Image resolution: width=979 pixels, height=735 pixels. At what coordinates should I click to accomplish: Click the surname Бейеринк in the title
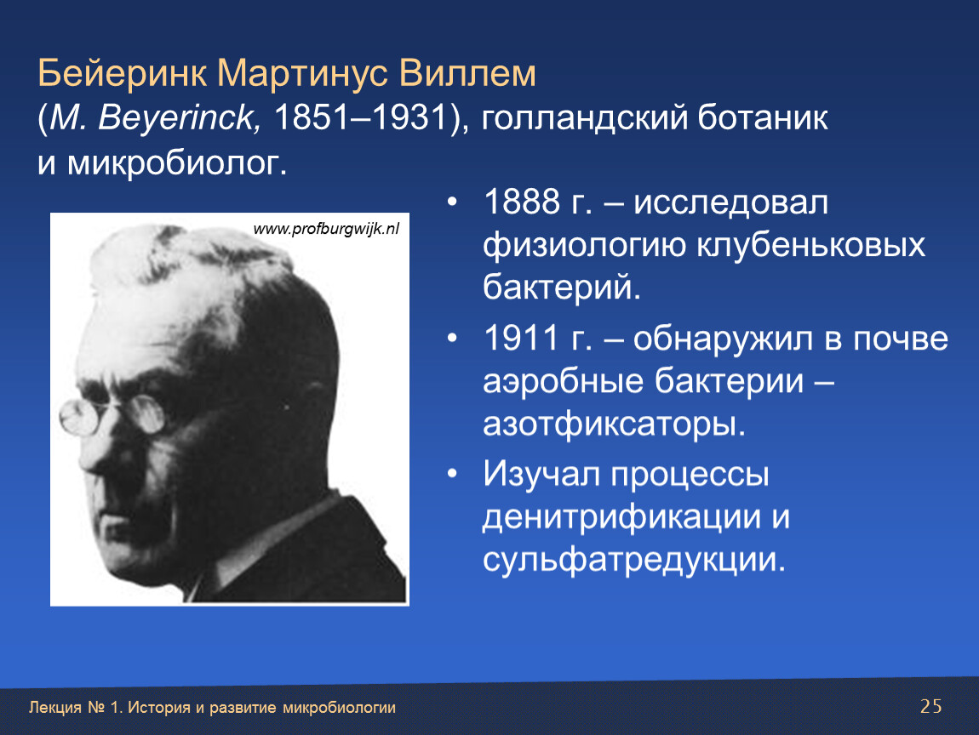pos(123,74)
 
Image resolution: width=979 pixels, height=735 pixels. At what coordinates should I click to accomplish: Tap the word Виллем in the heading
pos(467,74)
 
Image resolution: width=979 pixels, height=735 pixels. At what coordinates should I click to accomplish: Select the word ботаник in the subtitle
pos(763,118)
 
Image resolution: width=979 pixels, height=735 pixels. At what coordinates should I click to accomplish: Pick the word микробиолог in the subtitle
pos(177,162)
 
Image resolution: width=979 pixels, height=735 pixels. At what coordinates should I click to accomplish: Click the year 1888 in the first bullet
pos(521,202)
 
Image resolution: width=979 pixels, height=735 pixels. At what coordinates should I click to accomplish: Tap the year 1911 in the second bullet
pos(521,339)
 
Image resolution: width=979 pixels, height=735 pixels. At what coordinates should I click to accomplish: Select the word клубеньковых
pos(810,245)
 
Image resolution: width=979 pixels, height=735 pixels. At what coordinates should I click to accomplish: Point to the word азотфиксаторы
pos(614,424)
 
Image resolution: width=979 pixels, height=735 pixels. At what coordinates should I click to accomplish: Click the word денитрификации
pos(621,517)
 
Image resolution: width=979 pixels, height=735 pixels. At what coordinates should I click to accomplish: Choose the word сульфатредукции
pos(633,560)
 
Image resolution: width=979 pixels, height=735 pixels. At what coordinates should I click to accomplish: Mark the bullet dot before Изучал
pos(452,475)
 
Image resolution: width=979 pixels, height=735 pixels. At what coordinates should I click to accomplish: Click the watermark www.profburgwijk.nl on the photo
pos(326,229)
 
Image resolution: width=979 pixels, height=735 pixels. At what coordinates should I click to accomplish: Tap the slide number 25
pos(930,706)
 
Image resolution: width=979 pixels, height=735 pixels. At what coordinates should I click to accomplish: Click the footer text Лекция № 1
pos(76,708)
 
